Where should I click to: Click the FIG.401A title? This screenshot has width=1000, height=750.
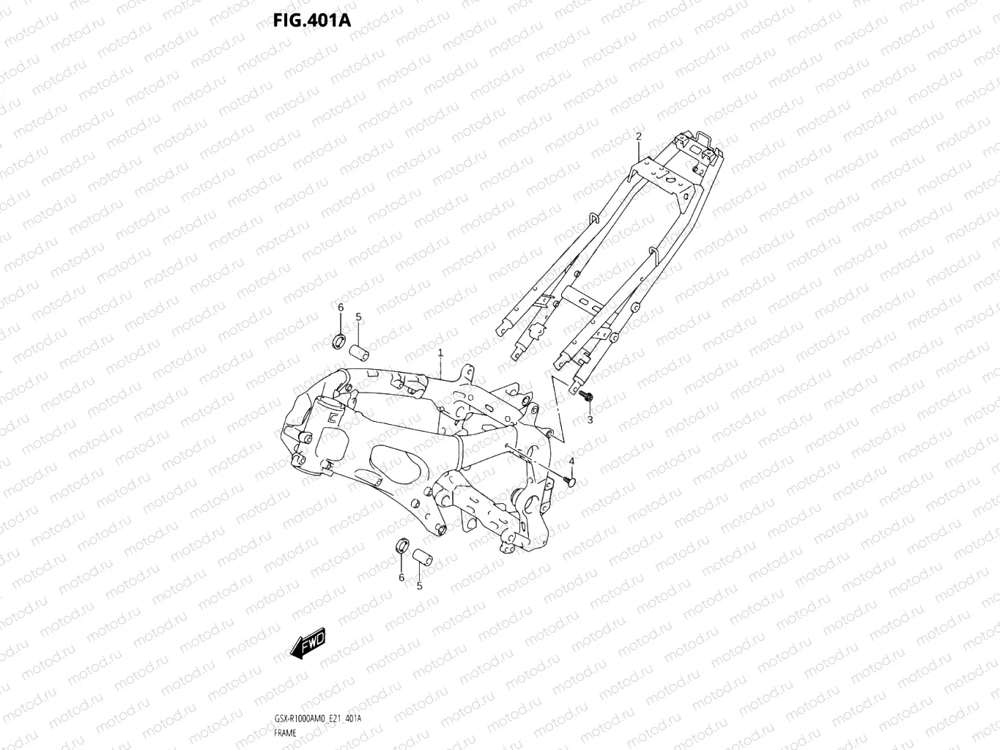[x=311, y=20]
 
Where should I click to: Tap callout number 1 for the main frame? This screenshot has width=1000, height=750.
[x=440, y=353]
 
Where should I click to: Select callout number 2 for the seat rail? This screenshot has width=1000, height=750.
[x=638, y=136]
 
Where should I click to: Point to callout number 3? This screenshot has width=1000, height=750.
[x=589, y=420]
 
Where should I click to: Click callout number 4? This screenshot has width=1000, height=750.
[x=571, y=461]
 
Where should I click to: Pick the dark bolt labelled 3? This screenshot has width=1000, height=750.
[x=585, y=397]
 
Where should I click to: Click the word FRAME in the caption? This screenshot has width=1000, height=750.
[x=286, y=732]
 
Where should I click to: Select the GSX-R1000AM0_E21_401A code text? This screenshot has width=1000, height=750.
[x=317, y=719]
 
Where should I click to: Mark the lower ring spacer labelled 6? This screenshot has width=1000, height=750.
[x=401, y=546]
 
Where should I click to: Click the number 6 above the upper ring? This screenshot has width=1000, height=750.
[x=340, y=307]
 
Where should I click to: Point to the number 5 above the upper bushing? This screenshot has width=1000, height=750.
[x=358, y=316]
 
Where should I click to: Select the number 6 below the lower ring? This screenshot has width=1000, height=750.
[x=401, y=578]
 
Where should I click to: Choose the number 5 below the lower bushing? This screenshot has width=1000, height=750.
[x=420, y=586]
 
